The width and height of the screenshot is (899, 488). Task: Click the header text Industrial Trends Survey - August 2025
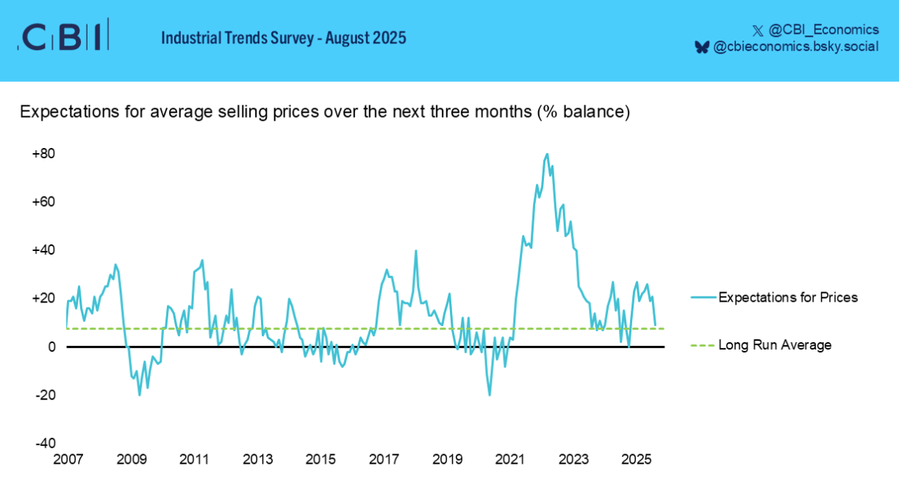[283, 38]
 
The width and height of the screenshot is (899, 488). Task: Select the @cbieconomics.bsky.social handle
[795, 47]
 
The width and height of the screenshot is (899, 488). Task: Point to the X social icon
[758, 30]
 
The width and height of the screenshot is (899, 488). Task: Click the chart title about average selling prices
[325, 113]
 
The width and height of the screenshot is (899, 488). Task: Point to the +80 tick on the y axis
[43, 154]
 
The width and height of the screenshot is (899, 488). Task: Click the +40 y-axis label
[43, 250]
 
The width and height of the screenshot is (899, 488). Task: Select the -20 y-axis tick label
[45, 395]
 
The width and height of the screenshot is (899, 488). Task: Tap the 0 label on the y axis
[51, 347]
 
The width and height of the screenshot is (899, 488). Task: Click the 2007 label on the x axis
[68, 460]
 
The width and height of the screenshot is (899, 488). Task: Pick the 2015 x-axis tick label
[320, 460]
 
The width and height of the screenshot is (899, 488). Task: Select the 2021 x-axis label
[510, 460]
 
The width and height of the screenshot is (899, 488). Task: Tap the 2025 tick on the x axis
[636, 460]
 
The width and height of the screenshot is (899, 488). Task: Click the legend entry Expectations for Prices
[788, 298]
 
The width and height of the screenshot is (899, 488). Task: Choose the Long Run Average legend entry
[775, 345]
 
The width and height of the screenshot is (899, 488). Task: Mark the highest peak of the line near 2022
[547, 154]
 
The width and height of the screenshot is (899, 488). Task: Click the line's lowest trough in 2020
[490, 395]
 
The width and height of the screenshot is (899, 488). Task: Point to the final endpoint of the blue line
[655, 325]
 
